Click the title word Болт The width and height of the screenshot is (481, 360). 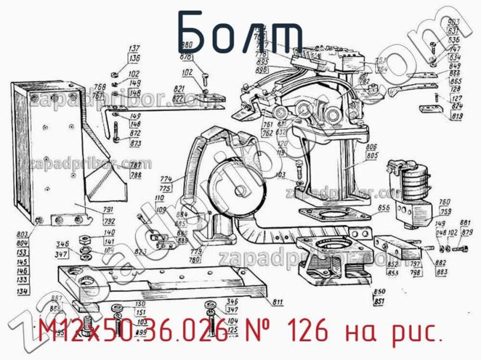pos(240,31)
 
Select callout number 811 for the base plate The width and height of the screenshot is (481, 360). pos(278,301)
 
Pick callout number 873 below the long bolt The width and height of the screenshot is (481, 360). pos(136,144)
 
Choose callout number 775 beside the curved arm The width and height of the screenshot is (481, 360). pos(166,189)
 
